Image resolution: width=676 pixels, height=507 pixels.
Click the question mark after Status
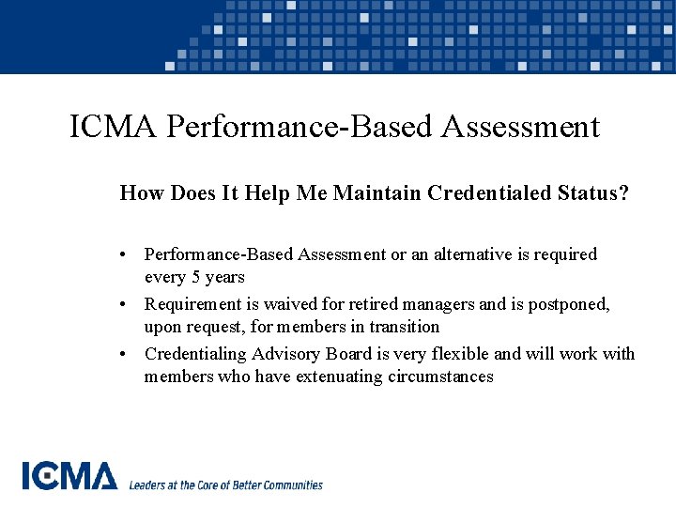click(x=624, y=193)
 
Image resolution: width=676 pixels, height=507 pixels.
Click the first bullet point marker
click(x=124, y=255)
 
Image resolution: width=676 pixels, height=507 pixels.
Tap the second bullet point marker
click(x=124, y=305)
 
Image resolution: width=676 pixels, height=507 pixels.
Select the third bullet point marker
click(x=124, y=355)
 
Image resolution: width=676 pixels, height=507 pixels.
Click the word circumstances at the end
click(x=440, y=377)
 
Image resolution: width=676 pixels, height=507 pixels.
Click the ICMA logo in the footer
click(x=69, y=476)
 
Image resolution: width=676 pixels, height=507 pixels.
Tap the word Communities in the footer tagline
click(x=290, y=485)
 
